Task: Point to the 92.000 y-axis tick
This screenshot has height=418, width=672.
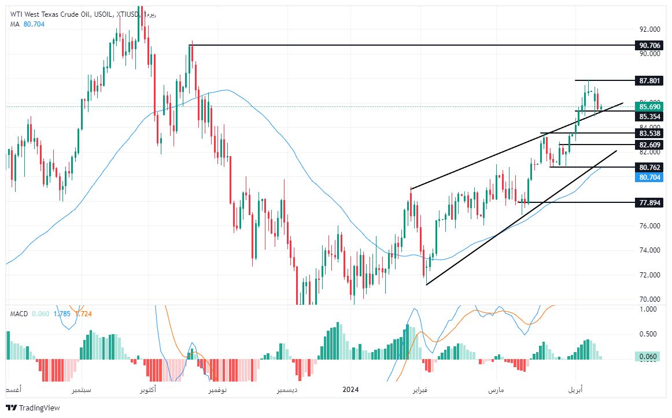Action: click(650, 29)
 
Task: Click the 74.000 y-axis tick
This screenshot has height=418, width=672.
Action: click(650, 250)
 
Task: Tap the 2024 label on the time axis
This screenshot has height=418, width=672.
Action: click(350, 390)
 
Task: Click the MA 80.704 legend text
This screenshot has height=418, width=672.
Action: click(27, 24)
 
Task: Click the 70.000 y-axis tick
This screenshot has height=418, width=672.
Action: click(650, 299)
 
